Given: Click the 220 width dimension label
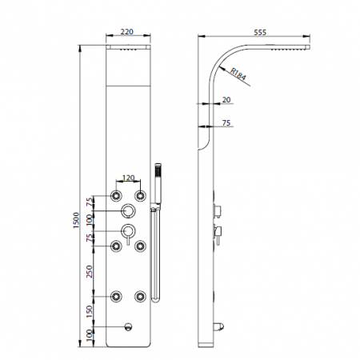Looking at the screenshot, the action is click(126, 32).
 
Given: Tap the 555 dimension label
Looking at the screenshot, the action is click(260, 32).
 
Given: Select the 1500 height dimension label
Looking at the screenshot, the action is click(76, 220).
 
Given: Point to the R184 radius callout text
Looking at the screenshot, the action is click(238, 74).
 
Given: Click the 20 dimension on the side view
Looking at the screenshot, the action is click(226, 100).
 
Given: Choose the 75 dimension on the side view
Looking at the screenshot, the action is click(226, 123).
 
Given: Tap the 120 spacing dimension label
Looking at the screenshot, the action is click(128, 178).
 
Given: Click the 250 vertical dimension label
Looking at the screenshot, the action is click(90, 271).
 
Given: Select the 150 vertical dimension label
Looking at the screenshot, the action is click(90, 311).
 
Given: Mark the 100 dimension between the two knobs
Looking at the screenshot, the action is click(90, 220).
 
